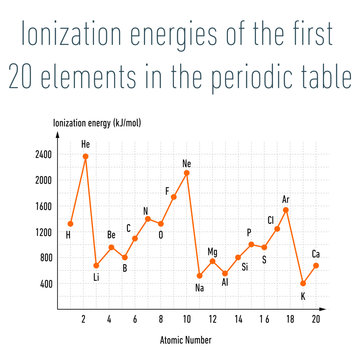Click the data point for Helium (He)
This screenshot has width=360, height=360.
click(x=85, y=156)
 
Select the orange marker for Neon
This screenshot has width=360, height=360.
click(x=187, y=173)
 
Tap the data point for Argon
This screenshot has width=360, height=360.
click(x=286, y=209)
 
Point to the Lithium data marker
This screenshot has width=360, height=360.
click(x=96, y=265)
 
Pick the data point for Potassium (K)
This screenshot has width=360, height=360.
click(x=303, y=283)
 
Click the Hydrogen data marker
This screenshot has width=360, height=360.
click(x=70, y=224)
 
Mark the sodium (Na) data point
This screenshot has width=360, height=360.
click(x=199, y=276)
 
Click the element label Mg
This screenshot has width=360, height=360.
click(x=212, y=252)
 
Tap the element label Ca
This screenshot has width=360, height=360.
click(x=316, y=253)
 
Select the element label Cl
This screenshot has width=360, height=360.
click(x=270, y=220)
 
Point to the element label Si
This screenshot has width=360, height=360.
click(x=245, y=267)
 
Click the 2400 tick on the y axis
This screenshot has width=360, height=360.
click(x=43, y=155)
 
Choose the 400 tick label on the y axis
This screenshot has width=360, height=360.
click(x=45, y=284)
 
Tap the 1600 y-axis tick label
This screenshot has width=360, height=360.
click(x=43, y=207)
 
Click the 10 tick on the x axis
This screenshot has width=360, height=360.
click(x=187, y=318)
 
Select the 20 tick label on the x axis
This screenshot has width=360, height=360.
click(x=315, y=318)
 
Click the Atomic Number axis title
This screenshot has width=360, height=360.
click(x=185, y=340)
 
